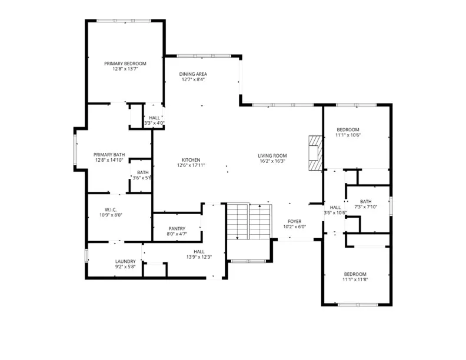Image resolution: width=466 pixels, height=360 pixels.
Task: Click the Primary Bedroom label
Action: [125, 64]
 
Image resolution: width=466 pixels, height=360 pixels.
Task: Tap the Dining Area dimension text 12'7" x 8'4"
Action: [193, 79]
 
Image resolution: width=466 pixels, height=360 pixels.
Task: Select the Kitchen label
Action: [191, 160]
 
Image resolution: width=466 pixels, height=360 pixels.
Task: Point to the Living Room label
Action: [272, 156]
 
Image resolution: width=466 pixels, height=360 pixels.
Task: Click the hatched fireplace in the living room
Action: [315, 153]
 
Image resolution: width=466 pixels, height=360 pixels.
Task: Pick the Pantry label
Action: [177, 229]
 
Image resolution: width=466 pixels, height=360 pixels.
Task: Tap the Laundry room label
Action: [125, 261]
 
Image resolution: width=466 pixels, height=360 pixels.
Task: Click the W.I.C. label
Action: [111, 209]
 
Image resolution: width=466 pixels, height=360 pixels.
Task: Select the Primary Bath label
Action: [109, 155]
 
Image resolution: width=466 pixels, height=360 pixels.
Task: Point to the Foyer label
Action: [295, 221]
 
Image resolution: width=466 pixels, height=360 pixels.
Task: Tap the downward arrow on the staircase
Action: [238, 221]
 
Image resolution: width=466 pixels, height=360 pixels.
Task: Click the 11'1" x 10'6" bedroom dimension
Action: [348, 135]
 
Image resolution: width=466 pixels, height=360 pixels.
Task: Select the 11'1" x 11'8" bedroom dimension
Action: [355, 279]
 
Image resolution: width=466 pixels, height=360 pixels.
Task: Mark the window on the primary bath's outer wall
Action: [75, 149]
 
